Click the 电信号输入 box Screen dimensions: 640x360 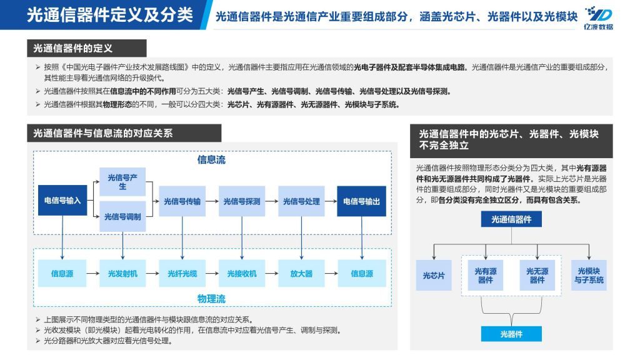click(62, 201)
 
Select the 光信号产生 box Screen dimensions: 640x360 click(122, 182)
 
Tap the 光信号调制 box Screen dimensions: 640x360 click(122, 216)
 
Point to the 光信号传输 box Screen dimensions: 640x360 click(182, 201)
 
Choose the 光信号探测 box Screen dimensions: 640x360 click(242, 201)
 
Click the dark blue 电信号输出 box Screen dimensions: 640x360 click(362, 201)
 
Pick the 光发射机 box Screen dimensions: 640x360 click(122, 274)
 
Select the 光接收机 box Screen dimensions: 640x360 click(242, 274)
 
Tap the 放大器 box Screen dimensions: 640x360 click(301, 274)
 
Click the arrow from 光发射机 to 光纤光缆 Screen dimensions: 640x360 click(152, 274)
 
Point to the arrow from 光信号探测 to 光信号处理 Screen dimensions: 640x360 click(272, 201)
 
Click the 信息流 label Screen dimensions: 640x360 click(211, 159)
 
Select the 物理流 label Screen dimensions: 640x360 click(211, 299)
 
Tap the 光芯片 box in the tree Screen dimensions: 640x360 click(434, 276)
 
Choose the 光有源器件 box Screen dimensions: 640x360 click(485, 276)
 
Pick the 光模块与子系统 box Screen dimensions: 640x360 click(589, 276)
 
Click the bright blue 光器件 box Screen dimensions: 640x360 click(511, 334)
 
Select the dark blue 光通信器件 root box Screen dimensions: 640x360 click(511, 219)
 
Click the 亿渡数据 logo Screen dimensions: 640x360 click(598, 18)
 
